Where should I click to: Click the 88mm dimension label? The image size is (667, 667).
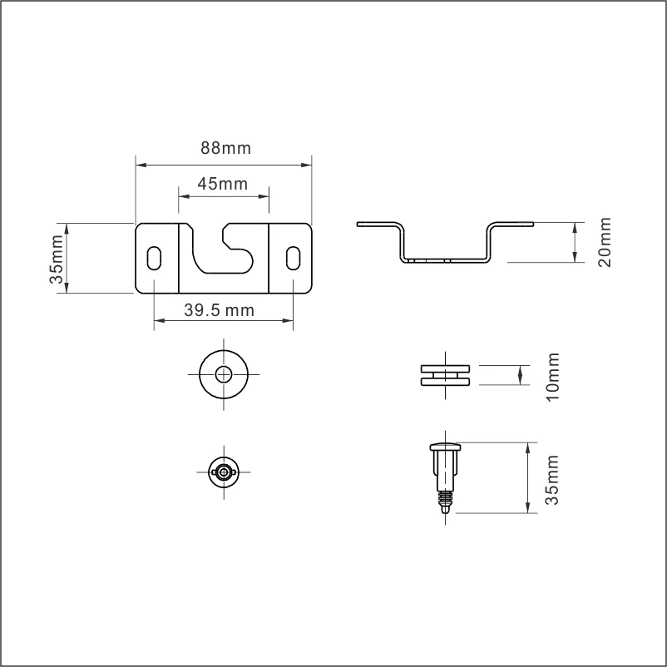(225, 148)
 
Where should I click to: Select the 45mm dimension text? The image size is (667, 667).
(222, 184)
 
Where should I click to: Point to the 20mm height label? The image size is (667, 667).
(605, 242)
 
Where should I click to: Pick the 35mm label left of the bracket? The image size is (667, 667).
(56, 259)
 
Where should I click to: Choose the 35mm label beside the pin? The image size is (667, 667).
(551, 479)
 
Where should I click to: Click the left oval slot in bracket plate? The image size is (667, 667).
(155, 258)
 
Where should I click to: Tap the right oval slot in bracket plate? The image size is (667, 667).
(293, 258)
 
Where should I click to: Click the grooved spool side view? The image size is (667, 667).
(447, 374)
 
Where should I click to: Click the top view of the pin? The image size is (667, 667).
(224, 471)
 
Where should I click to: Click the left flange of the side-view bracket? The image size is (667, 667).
(376, 223)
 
